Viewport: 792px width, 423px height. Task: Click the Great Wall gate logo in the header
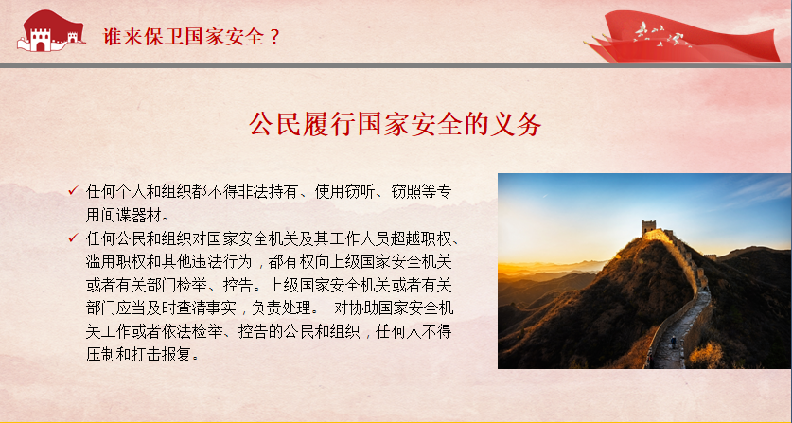pos(50,31)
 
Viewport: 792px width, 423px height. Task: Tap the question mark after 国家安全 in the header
pos(274,36)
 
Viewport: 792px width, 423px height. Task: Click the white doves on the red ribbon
pos(659,35)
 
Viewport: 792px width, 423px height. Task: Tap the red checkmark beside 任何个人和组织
pos(73,190)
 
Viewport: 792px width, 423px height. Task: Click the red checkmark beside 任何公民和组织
pos(73,238)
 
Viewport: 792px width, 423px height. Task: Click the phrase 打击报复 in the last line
pos(163,355)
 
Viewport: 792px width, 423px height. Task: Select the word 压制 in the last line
pos(101,355)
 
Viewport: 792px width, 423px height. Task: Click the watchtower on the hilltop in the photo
pos(648,227)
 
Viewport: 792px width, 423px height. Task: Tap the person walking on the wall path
pos(674,343)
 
